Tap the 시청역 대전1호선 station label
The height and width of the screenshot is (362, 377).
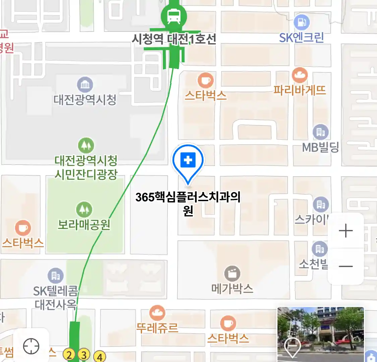174,40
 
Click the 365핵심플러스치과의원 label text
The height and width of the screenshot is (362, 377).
188,203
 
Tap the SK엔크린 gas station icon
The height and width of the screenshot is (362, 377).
302,22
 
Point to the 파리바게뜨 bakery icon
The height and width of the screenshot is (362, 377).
300,75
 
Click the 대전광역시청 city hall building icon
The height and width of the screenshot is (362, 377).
85,84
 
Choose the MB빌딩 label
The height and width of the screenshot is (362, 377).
320,147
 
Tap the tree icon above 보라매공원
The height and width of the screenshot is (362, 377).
84,209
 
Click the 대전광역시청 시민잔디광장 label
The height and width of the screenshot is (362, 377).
86,167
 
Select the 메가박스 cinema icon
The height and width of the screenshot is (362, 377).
232,274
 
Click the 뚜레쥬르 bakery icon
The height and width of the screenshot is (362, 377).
157,313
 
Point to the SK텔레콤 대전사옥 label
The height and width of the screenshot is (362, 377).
55,298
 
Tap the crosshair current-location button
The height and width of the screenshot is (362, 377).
31,346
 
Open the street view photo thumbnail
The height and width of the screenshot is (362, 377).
320,334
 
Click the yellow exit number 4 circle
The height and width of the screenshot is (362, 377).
100,357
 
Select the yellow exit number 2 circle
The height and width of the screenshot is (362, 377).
69,354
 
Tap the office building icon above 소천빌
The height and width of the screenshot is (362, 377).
319,249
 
